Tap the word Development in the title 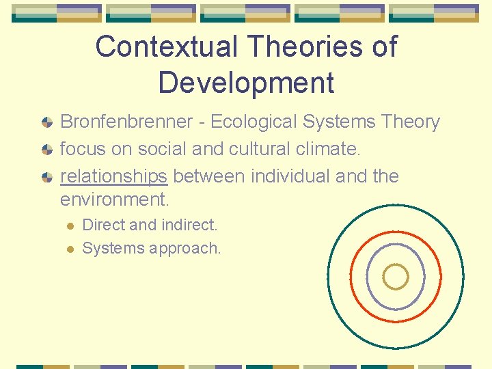coord(246,82)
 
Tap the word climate coord(323,148)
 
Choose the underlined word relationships coord(113,176)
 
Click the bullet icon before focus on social coord(46,150)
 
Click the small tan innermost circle coord(396,277)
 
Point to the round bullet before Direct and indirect coord(69,225)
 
